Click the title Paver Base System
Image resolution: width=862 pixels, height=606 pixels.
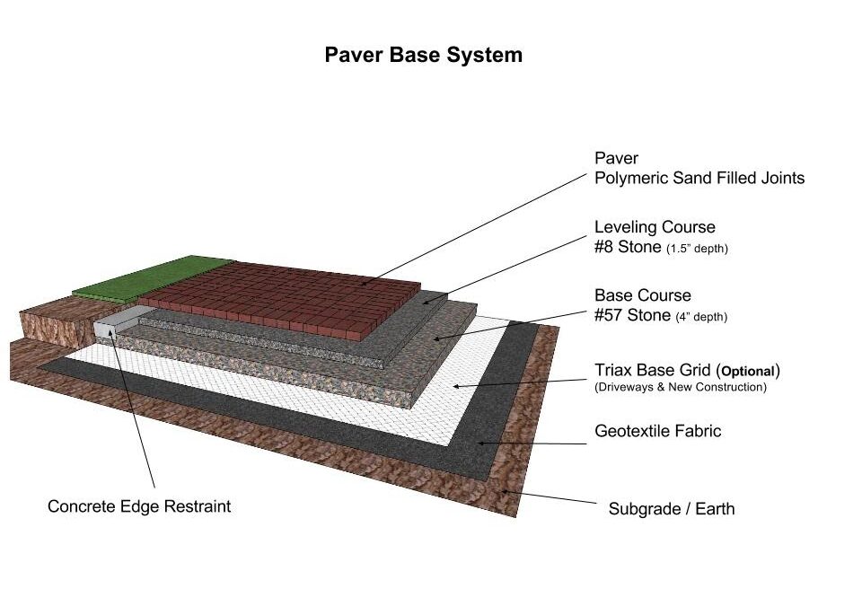(423, 55)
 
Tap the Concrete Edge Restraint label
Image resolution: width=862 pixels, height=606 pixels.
(139, 506)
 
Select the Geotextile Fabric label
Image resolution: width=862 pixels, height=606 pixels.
(657, 431)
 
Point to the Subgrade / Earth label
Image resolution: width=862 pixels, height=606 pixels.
(672, 509)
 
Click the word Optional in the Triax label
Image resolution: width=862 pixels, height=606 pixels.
(748, 371)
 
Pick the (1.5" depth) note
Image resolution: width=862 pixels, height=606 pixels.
(697, 249)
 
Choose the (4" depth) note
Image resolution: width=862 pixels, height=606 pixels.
(701, 317)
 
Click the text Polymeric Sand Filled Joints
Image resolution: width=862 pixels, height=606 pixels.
(699, 178)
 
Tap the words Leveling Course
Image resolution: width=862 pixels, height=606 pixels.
(655, 226)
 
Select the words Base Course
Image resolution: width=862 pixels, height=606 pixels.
(643, 294)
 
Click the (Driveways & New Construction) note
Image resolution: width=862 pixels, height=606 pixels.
(681, 387)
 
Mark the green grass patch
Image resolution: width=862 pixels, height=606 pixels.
(154, 277)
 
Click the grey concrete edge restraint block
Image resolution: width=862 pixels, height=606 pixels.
(119, 321)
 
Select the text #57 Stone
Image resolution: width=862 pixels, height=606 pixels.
(633, 315)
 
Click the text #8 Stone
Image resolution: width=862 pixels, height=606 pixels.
(628, 247)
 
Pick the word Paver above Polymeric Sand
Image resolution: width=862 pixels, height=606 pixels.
(616, 158)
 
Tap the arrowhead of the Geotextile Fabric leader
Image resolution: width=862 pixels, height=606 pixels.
(479, 443)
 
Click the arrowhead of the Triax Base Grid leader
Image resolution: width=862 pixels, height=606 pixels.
(456, 387)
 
